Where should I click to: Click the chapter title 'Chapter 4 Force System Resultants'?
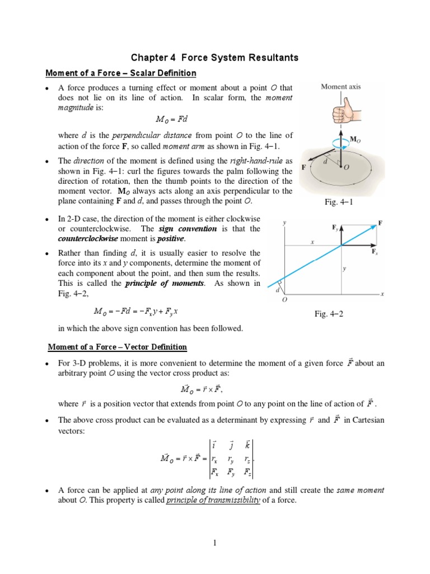pos(214,58)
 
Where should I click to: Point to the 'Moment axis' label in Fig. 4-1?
pos(340,86)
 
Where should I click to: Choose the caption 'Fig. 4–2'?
pos(329,314)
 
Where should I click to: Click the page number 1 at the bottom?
pos(214,541)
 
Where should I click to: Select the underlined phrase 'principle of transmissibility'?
pos(213,500)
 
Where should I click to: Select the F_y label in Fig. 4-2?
pos(335,228)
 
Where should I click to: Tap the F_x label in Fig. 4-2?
pos(375,252)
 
